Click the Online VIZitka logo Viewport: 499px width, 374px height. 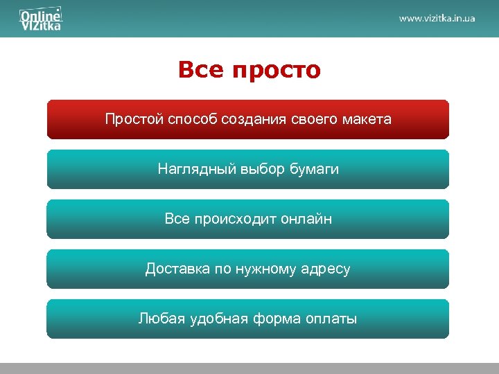tap(41, 19)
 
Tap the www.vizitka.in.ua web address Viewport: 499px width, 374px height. tap(437, 18)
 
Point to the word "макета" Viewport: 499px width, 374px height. tap(369, 119)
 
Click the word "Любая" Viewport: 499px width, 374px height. tap(158, 319)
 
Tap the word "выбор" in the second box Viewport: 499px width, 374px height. tap(263, 169)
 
